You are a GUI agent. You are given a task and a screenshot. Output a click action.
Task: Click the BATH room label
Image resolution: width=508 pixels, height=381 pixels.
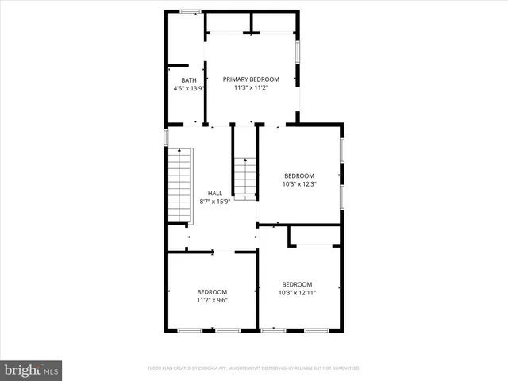click(x=189, y=80)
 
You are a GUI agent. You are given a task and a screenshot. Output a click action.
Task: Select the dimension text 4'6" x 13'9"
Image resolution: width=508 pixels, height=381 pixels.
click(x=189, y=88)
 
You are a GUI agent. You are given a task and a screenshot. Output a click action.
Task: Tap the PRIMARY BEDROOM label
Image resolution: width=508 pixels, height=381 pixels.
click(x=251, y=79)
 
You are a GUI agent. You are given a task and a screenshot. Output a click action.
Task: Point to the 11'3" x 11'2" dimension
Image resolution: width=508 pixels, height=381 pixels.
click(x=251, y=87)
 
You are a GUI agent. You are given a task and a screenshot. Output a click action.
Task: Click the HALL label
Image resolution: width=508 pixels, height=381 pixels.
click(x=215, y=193)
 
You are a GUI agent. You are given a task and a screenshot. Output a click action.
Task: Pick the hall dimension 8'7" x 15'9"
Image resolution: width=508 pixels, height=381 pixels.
click(x=215, y=201)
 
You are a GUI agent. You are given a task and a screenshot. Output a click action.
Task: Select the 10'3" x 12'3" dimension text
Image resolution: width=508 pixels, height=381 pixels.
click(x=299, y=184)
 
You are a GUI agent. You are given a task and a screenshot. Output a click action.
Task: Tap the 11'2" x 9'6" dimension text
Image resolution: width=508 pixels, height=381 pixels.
click(x=212, y=300)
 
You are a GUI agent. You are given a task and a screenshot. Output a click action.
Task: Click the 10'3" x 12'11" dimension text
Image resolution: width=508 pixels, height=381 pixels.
click(x=296, y=293)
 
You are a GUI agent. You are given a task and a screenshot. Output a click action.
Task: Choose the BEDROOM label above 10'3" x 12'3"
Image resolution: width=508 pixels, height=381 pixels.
click(x=299, y=175)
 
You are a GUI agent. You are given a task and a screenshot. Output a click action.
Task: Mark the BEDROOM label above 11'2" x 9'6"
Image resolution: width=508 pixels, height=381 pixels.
click(x=212, y=291)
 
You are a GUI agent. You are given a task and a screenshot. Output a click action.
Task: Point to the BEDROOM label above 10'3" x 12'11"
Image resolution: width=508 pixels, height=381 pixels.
click(x=296, y=284)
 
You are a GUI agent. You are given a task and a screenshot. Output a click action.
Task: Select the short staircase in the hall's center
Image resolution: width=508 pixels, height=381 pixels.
click(x=245, y=178)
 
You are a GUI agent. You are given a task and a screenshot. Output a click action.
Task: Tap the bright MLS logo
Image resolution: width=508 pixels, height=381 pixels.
click(x=31, y=370)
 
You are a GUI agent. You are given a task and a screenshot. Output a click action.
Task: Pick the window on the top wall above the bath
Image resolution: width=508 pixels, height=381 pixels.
click(x=190, y=11)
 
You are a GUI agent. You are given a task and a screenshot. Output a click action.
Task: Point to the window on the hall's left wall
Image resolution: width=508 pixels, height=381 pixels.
click(x=166, y=137)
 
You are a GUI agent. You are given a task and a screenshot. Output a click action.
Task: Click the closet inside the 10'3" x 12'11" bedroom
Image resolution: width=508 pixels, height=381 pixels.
click(x=314, y=236)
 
